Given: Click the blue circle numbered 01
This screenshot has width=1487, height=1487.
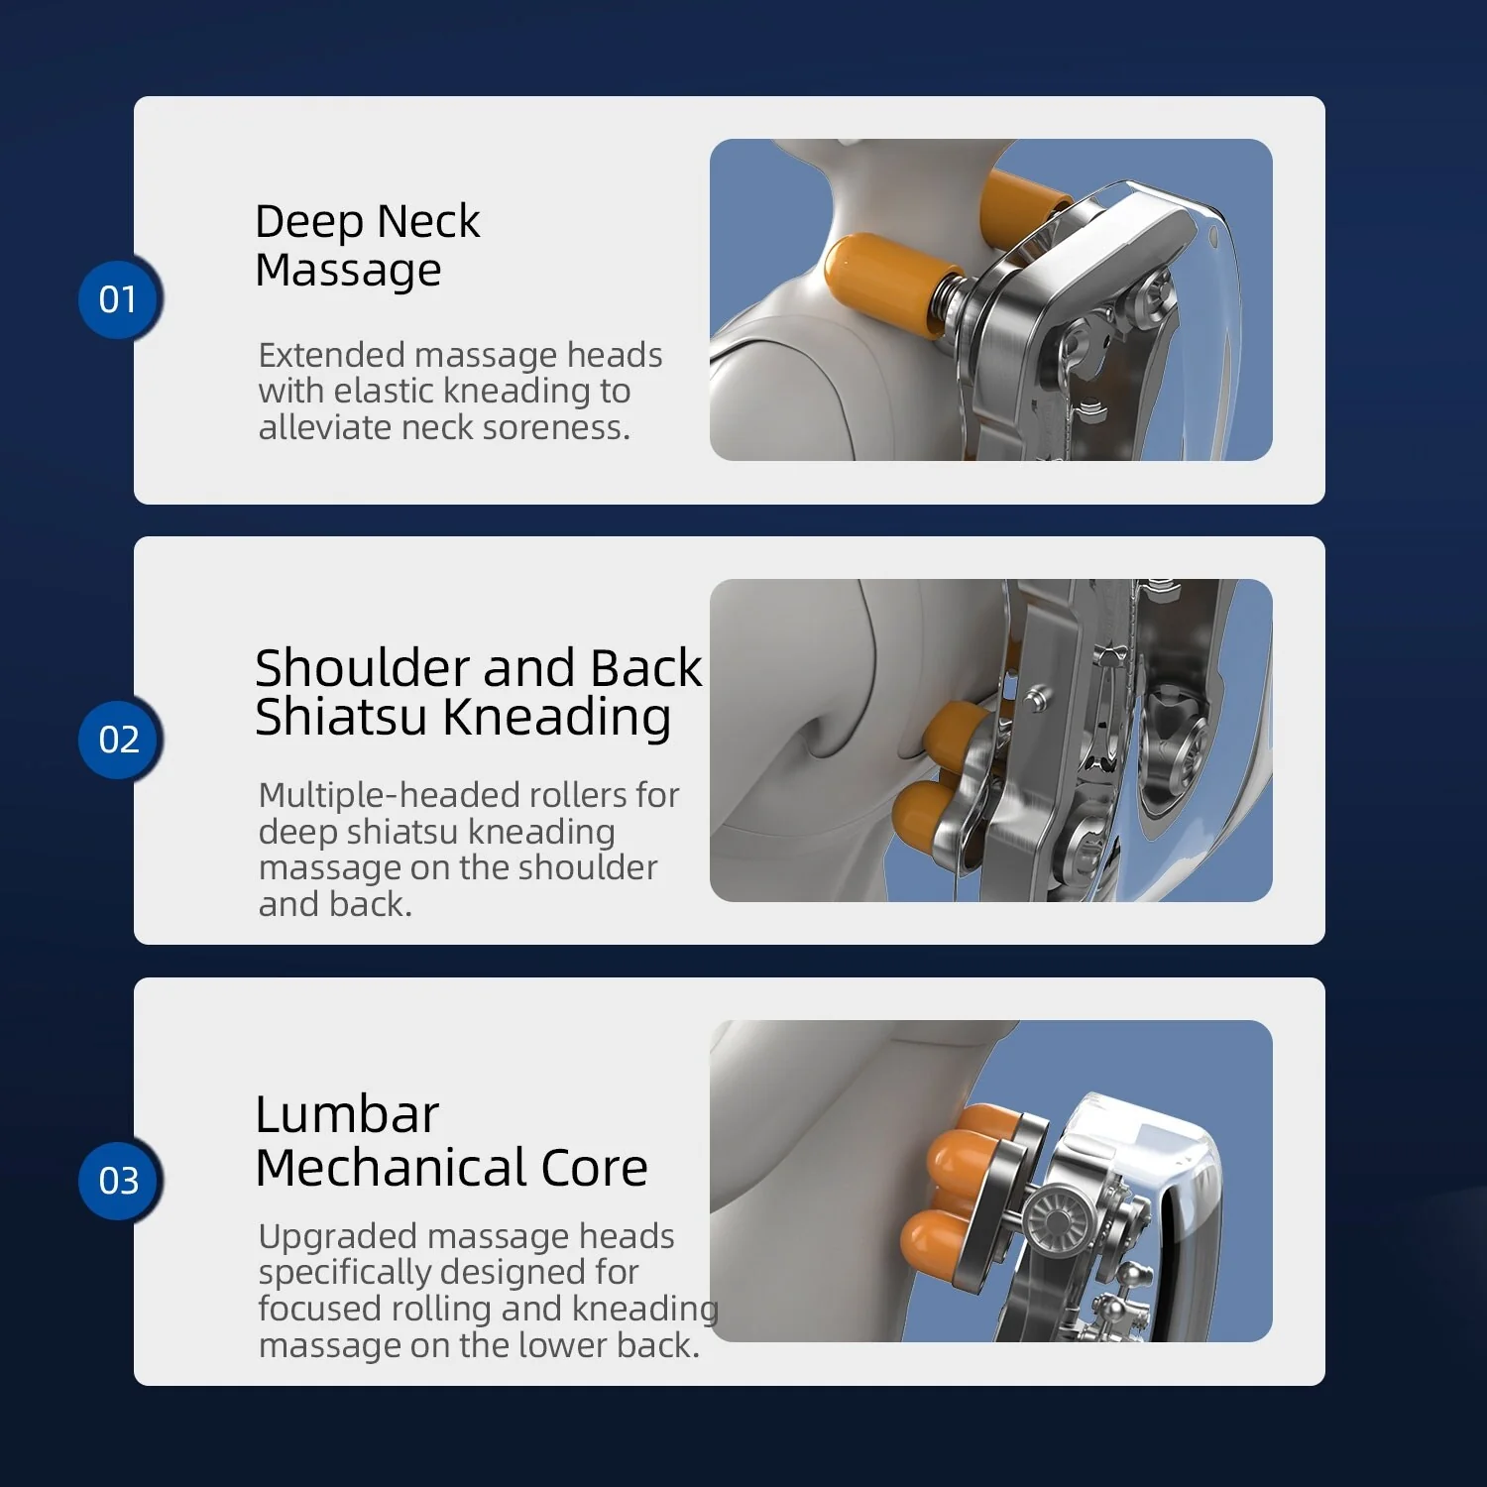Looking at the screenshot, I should tap(119, 299).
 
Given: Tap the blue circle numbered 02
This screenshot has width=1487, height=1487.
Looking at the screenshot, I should tap(119, 740).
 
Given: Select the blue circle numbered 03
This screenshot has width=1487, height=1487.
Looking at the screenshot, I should tap(119, 1181).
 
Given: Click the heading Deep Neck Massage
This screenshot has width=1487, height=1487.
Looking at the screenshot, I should tap(367, 245).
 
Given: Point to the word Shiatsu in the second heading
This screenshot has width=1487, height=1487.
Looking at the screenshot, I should tap(341, 718).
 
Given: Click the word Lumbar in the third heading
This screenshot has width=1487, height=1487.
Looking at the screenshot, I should tap(347, 1115).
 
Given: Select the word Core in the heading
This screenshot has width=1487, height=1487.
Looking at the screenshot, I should tap(594, 1168).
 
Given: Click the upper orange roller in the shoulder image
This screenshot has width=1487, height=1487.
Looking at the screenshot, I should tap(954, 736).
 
